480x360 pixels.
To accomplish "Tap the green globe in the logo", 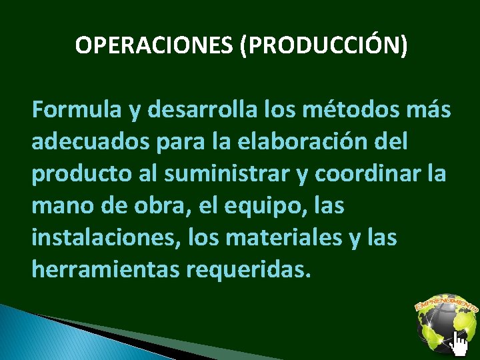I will [x=441, y=326].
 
